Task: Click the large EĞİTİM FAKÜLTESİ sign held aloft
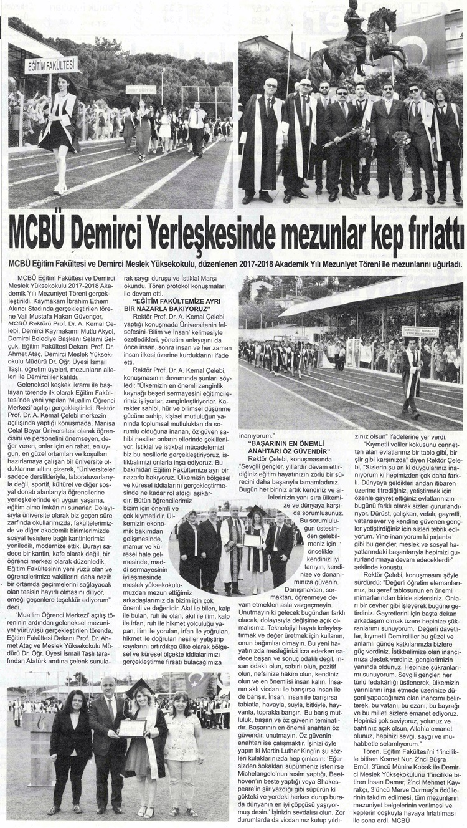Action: click(x=52, y=64)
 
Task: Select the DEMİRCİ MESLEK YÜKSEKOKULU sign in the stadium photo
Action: click(x=421, y=332)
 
